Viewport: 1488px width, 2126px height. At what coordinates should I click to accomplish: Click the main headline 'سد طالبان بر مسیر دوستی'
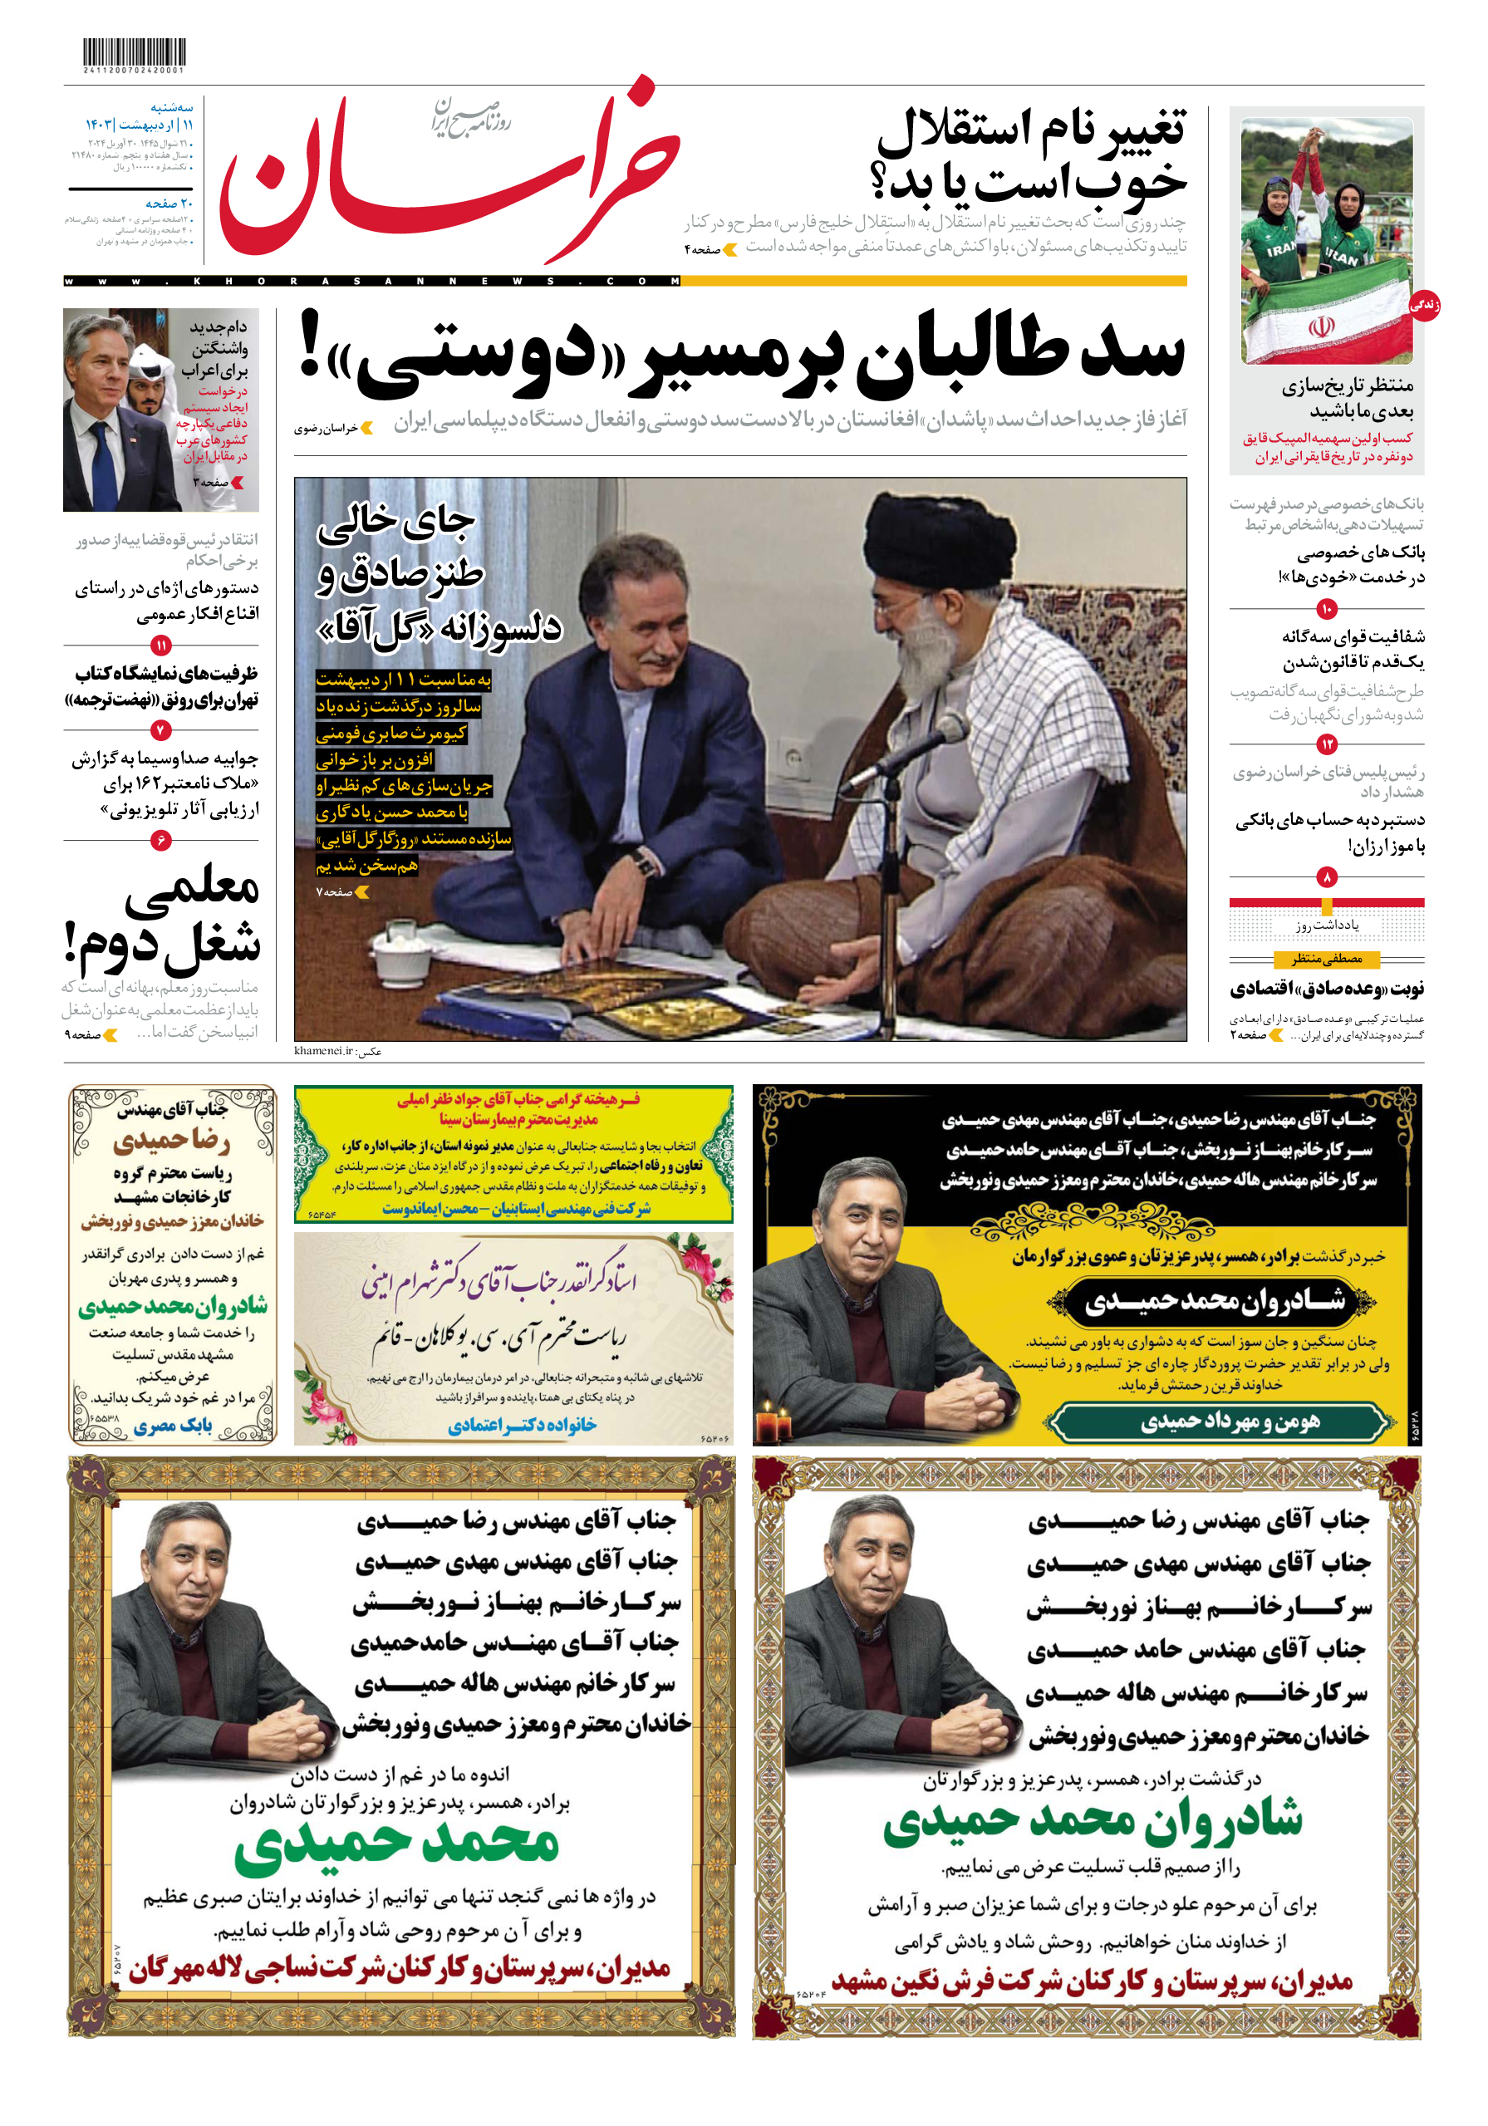(741, 352)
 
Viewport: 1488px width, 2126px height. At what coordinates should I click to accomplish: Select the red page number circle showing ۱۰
(1326, 608)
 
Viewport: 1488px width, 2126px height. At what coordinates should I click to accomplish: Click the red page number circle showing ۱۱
(161, 646)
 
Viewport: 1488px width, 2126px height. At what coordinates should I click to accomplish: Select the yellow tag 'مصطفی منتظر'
(1326, 960)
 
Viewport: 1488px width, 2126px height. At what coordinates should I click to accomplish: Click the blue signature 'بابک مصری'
(173, 1425)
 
